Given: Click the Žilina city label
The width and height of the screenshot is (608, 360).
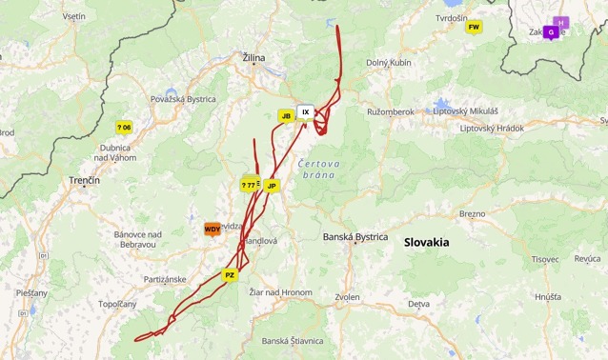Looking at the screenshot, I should click(x=253, y=58).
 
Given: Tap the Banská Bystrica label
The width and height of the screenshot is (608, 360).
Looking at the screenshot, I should click(x=355, y=236).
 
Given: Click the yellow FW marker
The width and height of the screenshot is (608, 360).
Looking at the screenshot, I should click(x=474, y=27).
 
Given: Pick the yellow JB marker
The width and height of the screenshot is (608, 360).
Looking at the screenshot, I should click(x=285, y=116).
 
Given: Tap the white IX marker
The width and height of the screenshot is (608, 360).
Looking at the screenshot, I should click(x=305, y=111).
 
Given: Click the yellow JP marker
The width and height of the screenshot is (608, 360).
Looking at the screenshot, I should click(x=272, y=186).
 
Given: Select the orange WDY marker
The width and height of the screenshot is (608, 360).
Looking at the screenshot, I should click(x=213, y=229).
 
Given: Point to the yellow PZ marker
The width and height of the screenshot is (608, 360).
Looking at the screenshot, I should click(x=230, y=274).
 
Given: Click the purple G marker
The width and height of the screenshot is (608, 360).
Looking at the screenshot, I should click(x=550, y=32).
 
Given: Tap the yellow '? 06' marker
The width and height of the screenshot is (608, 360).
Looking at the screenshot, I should click(x=124, y=127).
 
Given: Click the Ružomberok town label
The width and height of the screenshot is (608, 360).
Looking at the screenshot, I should click(x=391, y=111).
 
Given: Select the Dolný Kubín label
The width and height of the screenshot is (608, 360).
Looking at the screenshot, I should click(x=388, y=63).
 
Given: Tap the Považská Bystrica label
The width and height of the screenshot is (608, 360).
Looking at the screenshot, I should click(x=183, y=99).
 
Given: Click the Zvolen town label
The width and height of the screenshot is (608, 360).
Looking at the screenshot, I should click(x=348, y=297).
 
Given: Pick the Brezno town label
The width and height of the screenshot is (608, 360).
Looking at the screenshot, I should click(x=473, y=213).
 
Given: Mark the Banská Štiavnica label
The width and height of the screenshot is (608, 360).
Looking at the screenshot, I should click(x=293, y=340).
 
